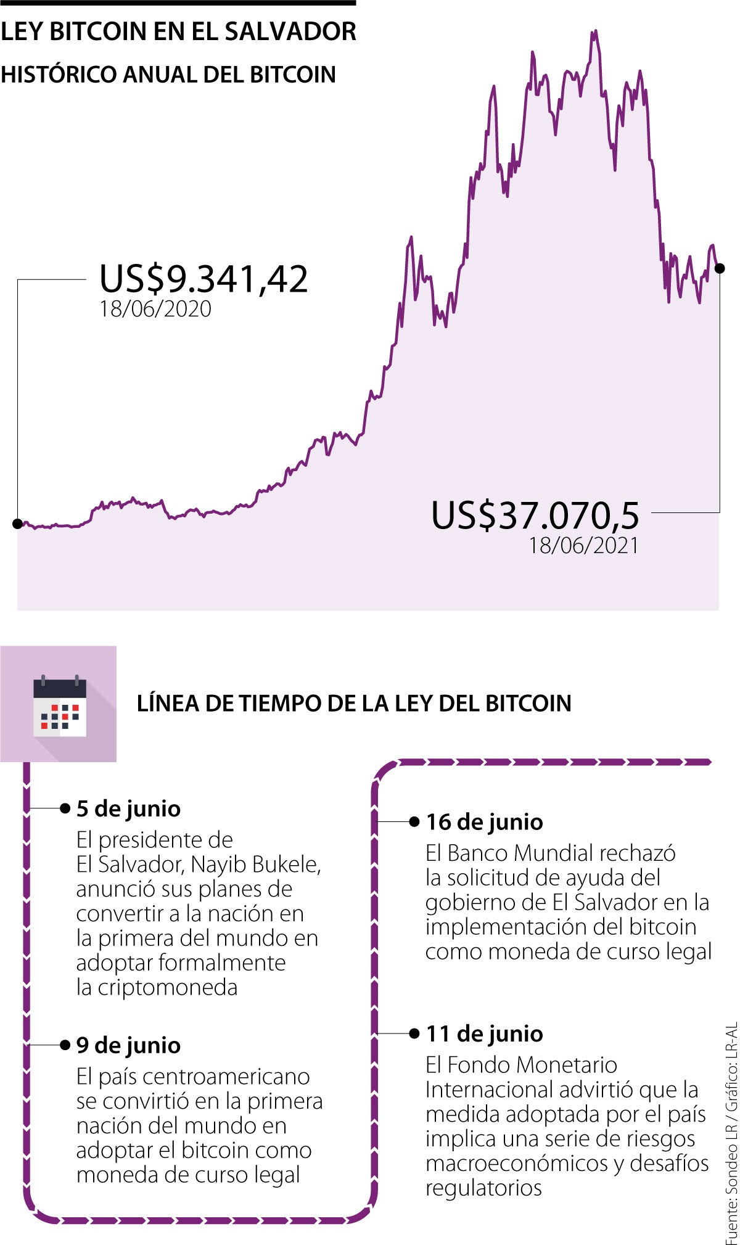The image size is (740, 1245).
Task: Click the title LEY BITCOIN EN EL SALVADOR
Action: [x=178, y=31]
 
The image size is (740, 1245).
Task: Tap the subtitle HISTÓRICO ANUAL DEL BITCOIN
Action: [x=168, y=75]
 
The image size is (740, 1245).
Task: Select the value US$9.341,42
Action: [x=203, y=279]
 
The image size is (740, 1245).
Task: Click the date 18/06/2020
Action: [x=155, y=309]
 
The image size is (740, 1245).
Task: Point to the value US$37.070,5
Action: [x=535, y=516]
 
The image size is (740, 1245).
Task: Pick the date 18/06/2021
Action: [x=583, y=545]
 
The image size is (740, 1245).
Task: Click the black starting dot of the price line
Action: [x=17, y=524]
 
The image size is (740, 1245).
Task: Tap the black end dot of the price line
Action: [x=719, y=268]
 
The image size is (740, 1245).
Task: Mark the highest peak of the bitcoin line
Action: [x=594, y=32]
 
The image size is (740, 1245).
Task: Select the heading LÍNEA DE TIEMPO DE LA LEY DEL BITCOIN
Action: [x=354, y=703]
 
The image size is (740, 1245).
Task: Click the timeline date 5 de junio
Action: [x=128, y=808]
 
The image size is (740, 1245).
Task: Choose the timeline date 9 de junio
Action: [x=128, y=1045]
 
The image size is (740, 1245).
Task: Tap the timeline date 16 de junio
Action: [x=484, y=822]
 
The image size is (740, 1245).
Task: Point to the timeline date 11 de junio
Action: [x=484, y=1033]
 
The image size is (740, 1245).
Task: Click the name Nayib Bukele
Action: [x=255, y=865]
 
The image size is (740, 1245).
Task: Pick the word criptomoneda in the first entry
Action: [x=168, y=987]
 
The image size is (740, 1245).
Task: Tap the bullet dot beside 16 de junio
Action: [x=414, y=821]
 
